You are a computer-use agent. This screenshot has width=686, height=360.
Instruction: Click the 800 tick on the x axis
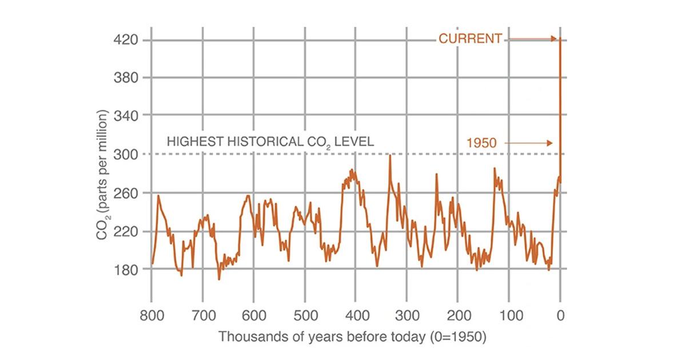(151, 315)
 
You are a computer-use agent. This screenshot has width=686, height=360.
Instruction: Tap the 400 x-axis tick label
(356, 315)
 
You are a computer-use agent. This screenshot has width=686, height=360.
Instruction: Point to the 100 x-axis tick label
(508, 315)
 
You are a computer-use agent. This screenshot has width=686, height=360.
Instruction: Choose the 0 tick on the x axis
(561, 315)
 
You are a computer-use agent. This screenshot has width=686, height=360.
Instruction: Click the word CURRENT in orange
(470, 39)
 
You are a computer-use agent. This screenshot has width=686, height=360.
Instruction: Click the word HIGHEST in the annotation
(192, 141)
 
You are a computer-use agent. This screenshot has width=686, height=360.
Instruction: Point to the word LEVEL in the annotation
(355, 141)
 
